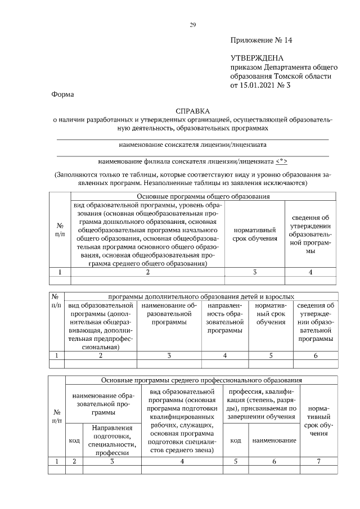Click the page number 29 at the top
point(192,25)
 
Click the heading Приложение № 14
point(262,40)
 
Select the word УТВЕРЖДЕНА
point(257,58)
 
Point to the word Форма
point(63,95)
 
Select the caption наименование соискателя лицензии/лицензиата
point(192,145)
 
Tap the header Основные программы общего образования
point(203,197)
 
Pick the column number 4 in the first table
point(310,272)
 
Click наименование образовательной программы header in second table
point(169,313)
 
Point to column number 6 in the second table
point(315,355)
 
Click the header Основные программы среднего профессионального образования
point(202,380)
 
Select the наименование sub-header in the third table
point(274,440)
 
